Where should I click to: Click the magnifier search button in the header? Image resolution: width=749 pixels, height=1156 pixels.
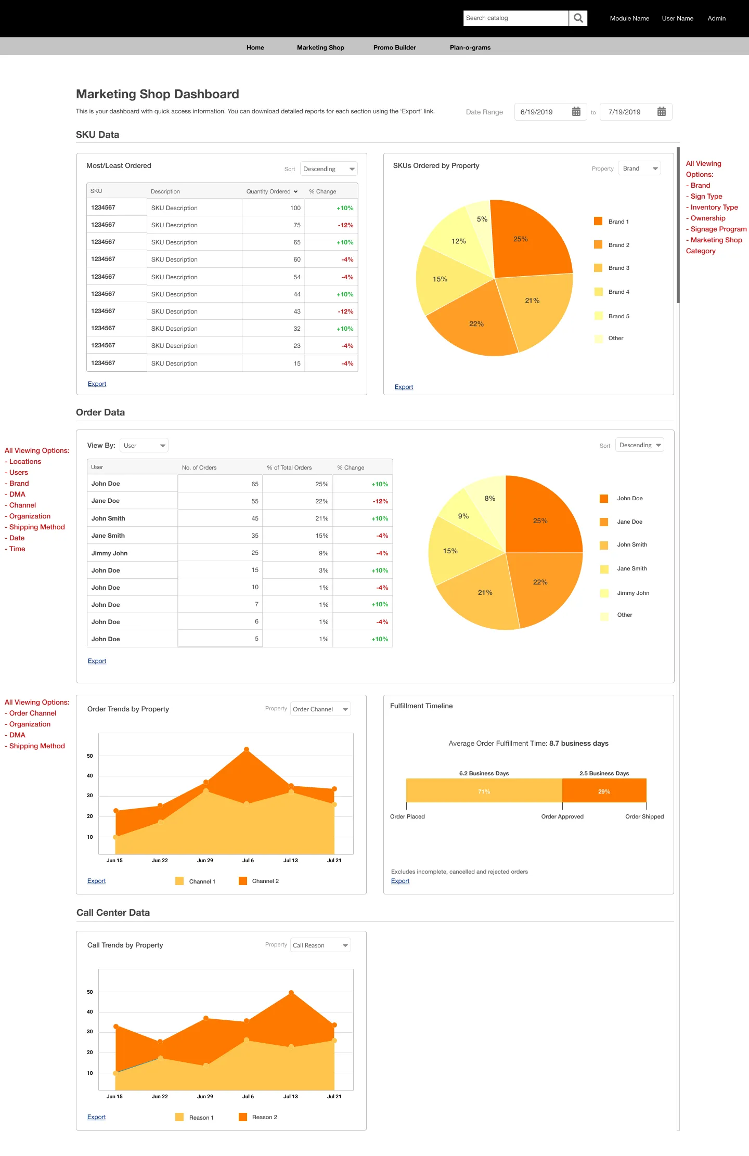pyautogui.click(x=578, y=18)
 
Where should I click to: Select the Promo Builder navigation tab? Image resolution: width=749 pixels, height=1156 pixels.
pyautogui.click(x=394, y=47)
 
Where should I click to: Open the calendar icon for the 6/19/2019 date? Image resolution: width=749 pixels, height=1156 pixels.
pyautogui.click(x=576, y=112)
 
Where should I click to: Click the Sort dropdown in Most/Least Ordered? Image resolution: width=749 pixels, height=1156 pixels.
pyautogui.click(x=329, y=169)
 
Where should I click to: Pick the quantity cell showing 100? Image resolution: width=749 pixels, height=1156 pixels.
pyautogui.click(x=295, y=208)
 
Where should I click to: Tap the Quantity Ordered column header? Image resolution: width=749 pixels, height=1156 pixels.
pyautogui.click(x=272, y=191)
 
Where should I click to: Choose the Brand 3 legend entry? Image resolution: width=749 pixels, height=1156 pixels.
pyautogui.click(x=612, y=268)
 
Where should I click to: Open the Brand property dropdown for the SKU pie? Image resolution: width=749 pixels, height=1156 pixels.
pyautogui.click(x=639, y=168)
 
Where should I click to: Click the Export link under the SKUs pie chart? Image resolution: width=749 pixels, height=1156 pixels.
pyautogui.click(x=404, y=387)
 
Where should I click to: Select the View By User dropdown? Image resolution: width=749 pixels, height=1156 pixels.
pyautogui.click(x=144, y=446)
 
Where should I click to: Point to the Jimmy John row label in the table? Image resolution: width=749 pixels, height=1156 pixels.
pyautogui.click(x=109, y=553)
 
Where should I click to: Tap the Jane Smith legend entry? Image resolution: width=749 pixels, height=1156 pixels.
pyautogui.click(x=624, y=569)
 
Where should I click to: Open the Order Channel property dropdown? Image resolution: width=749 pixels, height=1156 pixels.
pyautogui.click(x=320, y=709)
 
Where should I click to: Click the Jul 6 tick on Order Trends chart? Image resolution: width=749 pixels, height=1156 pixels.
pyautogui.click(x=248, y=861)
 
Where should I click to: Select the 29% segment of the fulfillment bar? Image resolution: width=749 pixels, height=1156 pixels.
pyautogui.click(x=604, y=791)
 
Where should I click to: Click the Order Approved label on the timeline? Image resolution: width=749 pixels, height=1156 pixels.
pyautogui.click(x=562, y=816)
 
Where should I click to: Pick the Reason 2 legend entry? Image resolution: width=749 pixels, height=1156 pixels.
pyautogui.click(x=258, y=1117)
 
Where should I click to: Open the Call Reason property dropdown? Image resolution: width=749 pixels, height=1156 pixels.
pyautogui.click(x=320, y=945)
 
